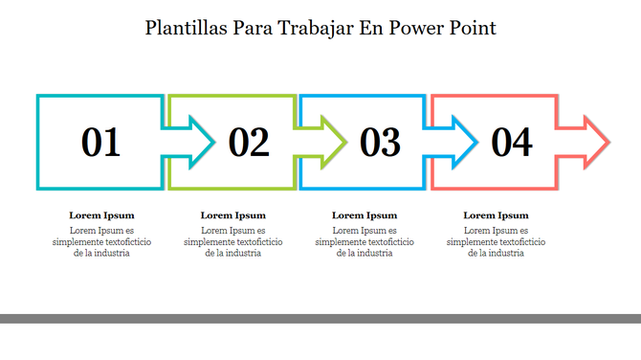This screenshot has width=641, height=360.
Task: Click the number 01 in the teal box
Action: tap(101, 143)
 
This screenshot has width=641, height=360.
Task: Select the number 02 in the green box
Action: tap(249, 143)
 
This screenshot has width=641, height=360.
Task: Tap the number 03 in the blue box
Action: tap(380, 143)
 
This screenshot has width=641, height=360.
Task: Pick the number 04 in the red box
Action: tap(512, 143)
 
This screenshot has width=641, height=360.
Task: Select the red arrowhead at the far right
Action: tap(594, 142)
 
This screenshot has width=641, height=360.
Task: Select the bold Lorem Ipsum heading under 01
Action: tap(101, 215)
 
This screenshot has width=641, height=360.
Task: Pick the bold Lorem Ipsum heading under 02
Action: tap(233, 215)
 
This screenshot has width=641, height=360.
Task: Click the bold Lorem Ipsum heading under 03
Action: tap(365, 215)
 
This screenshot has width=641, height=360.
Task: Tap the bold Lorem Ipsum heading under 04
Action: tap(496, 215)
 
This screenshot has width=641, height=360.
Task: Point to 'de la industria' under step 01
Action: tap(101, 254)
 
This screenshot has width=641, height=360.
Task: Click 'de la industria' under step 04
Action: tap(496, 254)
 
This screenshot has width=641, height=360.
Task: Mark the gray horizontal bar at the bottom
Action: tap(320, 318)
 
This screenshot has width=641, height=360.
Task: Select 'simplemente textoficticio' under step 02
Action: tap(233, 242)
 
